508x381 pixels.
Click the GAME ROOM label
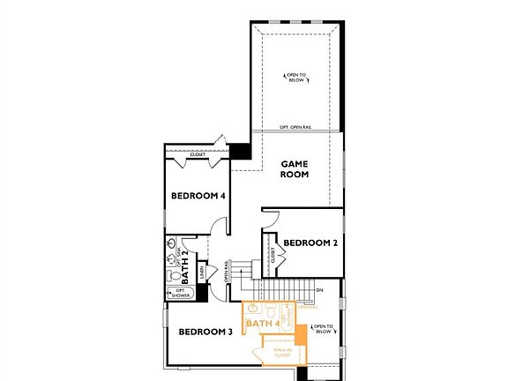click(x=295, y=168)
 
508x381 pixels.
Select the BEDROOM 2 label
click(x=310, y=243)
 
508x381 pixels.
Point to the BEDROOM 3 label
click(x=205, y=332)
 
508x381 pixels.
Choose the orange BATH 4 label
click(x=263, y=324)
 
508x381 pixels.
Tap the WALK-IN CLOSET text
click(x=282, y=353)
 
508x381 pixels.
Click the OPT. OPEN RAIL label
click(x=295, y=128)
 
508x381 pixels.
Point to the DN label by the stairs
click(x=319, y=289)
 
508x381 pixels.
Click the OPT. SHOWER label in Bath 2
click(x=179, y=292)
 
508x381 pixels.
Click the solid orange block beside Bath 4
click(x=300, y=334)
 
